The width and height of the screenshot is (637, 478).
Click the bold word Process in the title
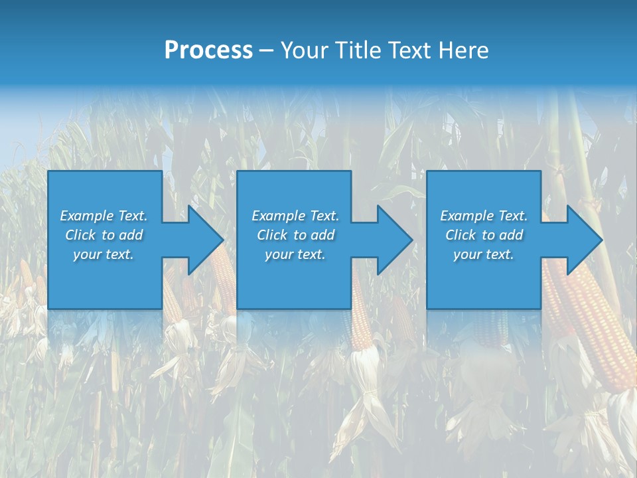(x=208, y=50)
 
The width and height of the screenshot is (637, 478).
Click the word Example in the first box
(x=86, y=216)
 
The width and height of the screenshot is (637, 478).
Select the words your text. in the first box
(x=104, y=254)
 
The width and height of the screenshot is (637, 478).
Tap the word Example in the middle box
(x=278, y=216)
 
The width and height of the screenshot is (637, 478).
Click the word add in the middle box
(x=322, y=235)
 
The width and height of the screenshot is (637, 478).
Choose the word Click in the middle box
(x=272, y=235)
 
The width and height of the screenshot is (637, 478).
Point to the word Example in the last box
(x=466, y=216)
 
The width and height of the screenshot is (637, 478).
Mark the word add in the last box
(x=511, y=235)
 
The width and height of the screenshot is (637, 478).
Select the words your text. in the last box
(x=484, y=254)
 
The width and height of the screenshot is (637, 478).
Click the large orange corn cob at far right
(x=594, y=325)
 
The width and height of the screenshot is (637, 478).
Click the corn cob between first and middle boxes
(x=223, y=279)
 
